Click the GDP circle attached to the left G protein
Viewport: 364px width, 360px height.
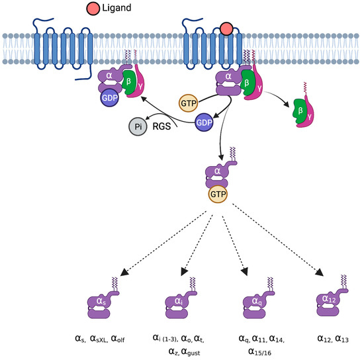(109, 97)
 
